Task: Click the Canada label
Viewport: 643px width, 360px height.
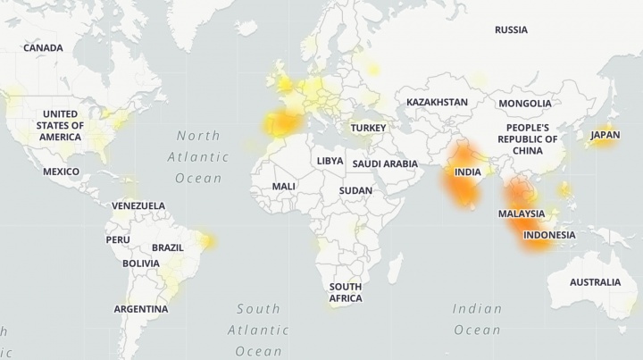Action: [43, 47]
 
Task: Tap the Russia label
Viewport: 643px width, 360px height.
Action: [511, 29]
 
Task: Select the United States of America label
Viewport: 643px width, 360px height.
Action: [61, 126]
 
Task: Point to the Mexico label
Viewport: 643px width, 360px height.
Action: [61, 172]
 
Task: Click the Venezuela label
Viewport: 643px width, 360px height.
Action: [138, 205]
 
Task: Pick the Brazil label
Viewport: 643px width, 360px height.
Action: [167, 247]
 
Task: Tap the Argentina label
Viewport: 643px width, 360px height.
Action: [140, 309]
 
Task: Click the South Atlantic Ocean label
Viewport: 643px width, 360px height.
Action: [258, 330]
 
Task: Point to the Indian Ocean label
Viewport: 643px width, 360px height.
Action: [477, 319]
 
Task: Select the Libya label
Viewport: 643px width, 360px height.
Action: [330, 161]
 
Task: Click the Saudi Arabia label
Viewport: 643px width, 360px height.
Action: [385, 164]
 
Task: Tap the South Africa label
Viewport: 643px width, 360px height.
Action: [345, 292]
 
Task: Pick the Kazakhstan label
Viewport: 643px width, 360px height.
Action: [437, 102]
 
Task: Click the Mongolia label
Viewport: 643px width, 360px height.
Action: [525, 104]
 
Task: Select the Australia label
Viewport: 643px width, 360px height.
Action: [595, 282]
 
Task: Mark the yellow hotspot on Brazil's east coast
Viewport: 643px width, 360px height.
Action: [209, 240]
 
